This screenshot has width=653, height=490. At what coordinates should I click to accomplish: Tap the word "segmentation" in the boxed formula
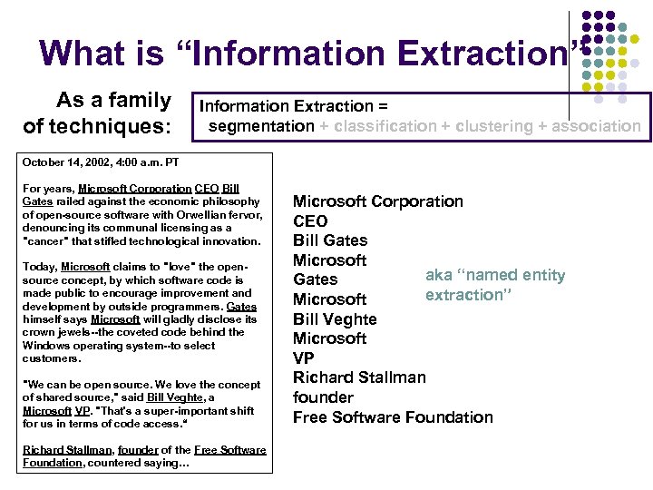click(261, 126)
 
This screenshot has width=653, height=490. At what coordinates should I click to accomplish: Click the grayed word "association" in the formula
click(599, 126)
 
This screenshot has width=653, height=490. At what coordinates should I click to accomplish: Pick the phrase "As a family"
click(113, 100)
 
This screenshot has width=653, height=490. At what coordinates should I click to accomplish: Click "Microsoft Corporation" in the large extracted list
click(377, 201)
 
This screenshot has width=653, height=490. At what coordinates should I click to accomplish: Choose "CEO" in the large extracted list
click(310, 220)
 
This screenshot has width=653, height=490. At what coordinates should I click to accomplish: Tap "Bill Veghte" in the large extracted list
click(334, 318)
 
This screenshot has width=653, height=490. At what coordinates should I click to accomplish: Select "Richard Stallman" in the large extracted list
click(358, 377)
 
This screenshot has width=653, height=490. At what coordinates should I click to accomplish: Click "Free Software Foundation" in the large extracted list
click(393, 417)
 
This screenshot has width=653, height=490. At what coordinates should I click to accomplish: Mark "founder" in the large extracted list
click(323, 397)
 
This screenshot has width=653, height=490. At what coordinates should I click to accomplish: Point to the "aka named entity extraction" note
click(494, 285)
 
